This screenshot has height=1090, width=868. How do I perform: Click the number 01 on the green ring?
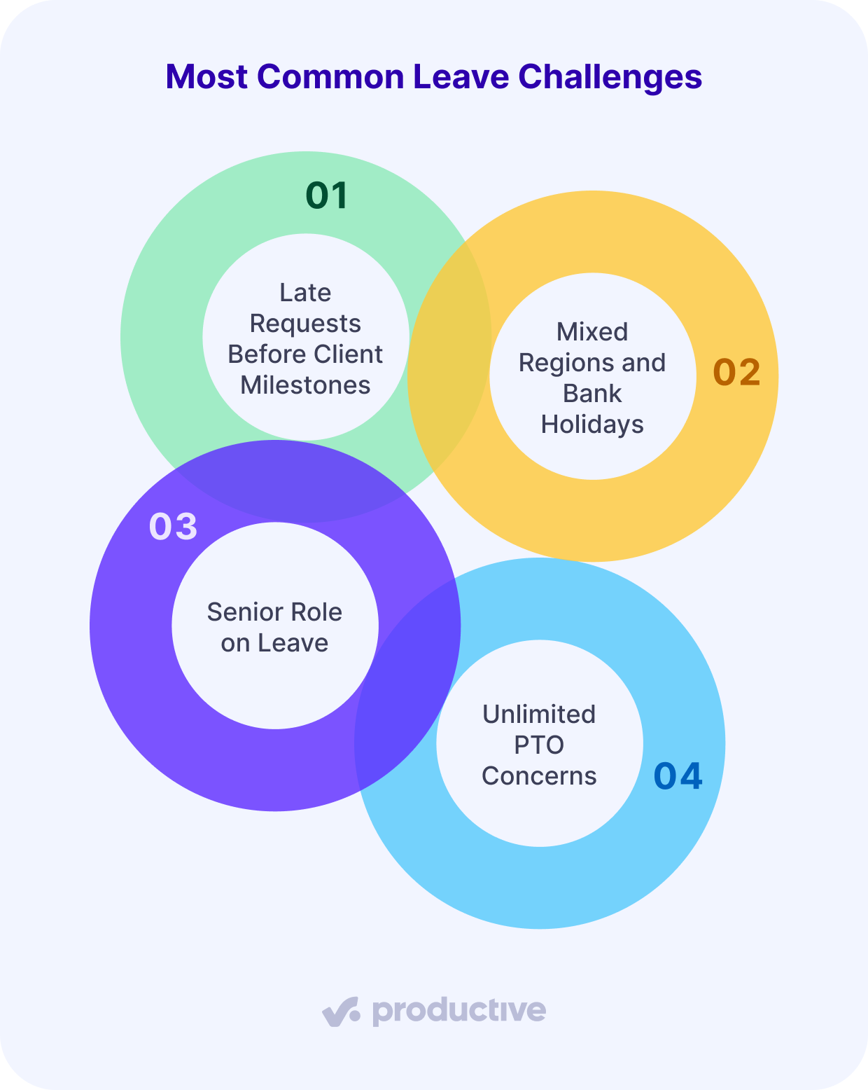pos(327,195)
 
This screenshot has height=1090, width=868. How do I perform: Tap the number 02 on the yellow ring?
pos(736,372)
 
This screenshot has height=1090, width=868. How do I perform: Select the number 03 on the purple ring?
pos(173,526)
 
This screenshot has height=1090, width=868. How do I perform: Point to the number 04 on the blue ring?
pos(678,775)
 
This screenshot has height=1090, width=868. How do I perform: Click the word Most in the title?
pos(206,76)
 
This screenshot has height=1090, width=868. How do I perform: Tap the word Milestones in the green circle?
pos(305,385)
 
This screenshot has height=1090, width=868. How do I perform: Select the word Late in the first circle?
pos(305,292)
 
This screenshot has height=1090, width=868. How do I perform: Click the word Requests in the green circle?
pos(305,323)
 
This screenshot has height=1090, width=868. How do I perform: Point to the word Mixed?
pos(592,331)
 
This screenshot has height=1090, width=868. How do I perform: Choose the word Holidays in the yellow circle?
pos(592,424)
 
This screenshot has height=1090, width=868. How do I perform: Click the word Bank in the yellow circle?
pos(592,393)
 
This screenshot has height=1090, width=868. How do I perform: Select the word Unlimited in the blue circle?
pos(539,714)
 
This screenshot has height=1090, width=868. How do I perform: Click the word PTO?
pos(539,745)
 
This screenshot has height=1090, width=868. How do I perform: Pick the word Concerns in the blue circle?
pos(539,775)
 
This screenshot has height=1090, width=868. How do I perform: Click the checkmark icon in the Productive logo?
pos(341,1012)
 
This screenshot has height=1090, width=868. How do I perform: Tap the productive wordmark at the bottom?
pos(458,1011)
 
